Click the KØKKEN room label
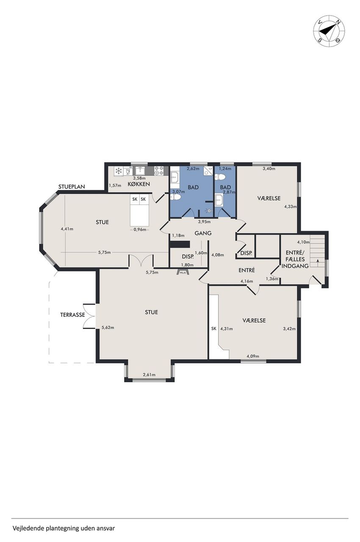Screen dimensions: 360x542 (x=138, y=184)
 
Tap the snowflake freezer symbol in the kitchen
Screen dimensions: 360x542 (x=118, y=171)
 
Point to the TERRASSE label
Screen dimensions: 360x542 (x=72, y=315)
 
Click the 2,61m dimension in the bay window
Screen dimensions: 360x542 (x=149, y=375)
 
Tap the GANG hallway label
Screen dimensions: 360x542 (x=203, y=233)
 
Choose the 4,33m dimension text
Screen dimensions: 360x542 (x=290, y=207)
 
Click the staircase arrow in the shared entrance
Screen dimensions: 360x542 (x=317, y=261)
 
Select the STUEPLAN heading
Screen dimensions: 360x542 (x=72, y=187)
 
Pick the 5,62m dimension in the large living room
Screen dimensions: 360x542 (x=108, y=328)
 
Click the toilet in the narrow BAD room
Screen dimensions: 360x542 (x=220, y=177)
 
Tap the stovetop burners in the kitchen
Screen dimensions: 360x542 (x=158, y=171)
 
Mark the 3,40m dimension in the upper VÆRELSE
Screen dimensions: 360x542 (x=269, y=169)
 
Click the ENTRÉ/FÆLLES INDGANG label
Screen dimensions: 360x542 (x=295, y=259)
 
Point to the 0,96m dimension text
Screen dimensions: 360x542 (x=140, y=230)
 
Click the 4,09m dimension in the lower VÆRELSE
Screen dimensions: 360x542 (x=253, y=356)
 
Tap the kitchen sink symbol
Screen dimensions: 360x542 (x=140, y=170)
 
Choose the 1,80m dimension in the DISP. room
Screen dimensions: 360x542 (x=187, y=265)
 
